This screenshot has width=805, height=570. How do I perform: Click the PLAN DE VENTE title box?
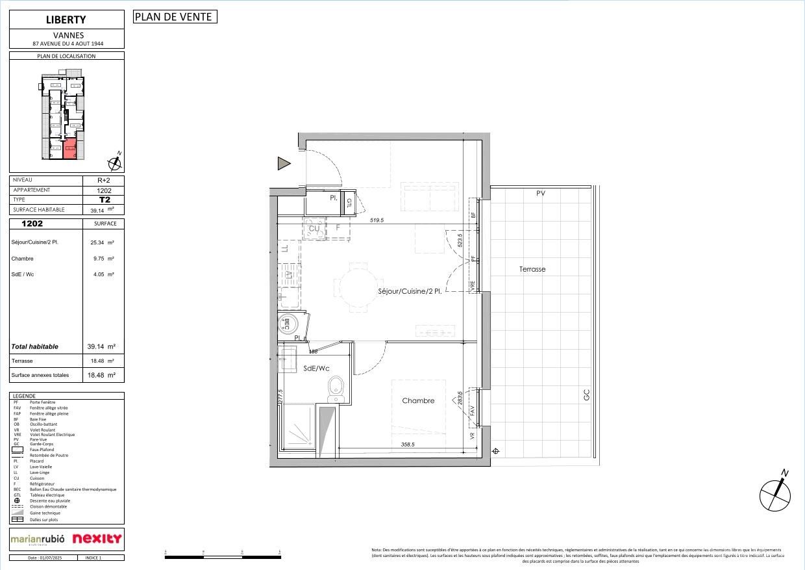tap(175, 17)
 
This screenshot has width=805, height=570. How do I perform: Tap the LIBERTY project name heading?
tap(66, 19)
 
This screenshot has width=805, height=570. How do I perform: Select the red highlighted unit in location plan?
tap(69, 149)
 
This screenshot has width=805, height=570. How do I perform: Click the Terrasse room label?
tap(532, 269)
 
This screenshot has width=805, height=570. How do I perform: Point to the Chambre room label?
tap(418, 401)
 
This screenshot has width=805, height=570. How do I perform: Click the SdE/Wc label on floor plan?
tap(316, 369)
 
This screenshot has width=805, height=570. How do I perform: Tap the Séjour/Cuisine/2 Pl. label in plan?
tap(410, 292)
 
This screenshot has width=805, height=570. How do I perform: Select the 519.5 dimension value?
tap(377, 220)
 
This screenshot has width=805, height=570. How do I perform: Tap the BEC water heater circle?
tap(287, 322)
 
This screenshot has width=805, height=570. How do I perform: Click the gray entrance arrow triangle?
tap(284, 164)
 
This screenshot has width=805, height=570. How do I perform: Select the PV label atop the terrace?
tap(540, 193)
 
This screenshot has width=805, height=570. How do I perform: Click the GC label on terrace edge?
tap(586, 395)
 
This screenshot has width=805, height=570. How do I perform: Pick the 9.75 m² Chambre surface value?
tap(102, 259)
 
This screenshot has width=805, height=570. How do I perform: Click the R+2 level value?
tap(104, 181)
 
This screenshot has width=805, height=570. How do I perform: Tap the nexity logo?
tap(97, 539)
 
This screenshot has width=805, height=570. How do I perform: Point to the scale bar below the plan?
tap(223, 556)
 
